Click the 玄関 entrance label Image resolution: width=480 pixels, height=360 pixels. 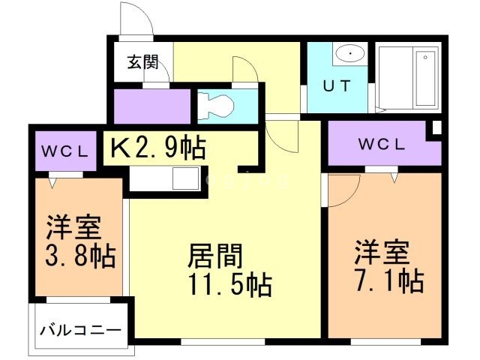[x=142, y=62]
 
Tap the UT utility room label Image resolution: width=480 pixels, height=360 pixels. [x=336, y=85]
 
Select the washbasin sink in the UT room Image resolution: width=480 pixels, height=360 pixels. [x=349, y=54]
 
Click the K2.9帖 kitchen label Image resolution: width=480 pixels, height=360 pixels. [x=158, y=148]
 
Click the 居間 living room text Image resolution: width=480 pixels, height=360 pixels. [x=214, y=256]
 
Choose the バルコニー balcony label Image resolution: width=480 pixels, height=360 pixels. [x=80, y=328]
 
